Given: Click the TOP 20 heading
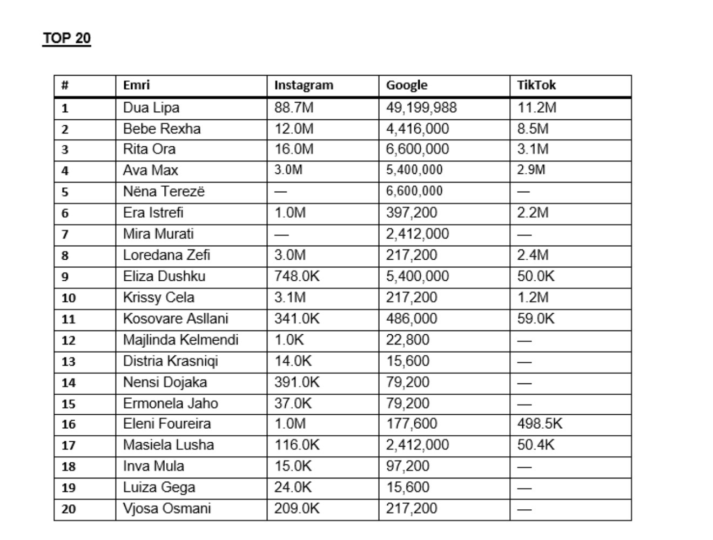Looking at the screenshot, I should [66, 38].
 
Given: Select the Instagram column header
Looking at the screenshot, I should [304, 85].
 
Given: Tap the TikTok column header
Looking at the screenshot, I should [536, 85].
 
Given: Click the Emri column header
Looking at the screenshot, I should [136, 85].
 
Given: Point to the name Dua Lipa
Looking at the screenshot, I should [151, 107].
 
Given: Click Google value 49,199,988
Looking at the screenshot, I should [421, 107].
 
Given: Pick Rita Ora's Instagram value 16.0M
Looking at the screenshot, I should [293, 149].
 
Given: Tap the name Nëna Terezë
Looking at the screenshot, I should [164, 192].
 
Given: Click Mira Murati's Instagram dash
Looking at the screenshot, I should [281, 234].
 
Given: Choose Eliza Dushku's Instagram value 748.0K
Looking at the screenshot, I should [297, 276].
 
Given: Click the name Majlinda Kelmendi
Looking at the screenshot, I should [180, 340].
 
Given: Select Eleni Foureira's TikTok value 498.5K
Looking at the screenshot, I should [539, 424].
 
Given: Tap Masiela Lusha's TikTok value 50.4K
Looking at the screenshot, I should [535, 445].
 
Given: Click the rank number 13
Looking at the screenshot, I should [68, 361].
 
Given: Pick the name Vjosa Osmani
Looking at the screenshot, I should [166, 509].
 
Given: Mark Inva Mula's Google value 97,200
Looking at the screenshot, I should [407, 466].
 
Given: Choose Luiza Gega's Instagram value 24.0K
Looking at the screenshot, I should [293, 487].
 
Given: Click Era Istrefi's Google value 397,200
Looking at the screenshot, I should [411, 213].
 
